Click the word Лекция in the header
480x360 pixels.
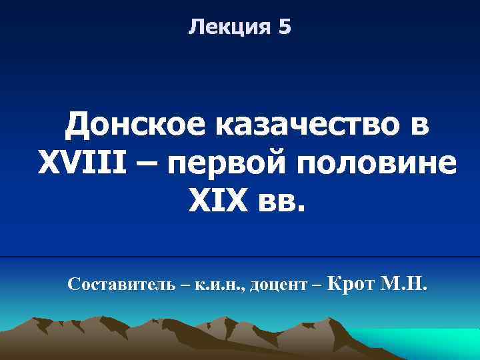(x=226, y=27)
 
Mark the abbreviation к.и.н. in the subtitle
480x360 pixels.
(x=220, y=286)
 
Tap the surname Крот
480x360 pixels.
(x=353, y=285)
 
